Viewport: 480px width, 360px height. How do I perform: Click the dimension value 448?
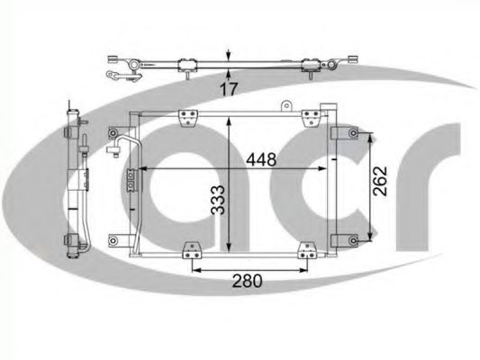pos(261,159)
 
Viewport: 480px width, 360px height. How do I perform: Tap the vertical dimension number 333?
pos(219,200)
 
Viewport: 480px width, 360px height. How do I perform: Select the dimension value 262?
pos(380,181)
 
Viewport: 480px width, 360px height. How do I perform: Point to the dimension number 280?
pos(247,281)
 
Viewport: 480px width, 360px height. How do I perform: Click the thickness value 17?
pos(229,89)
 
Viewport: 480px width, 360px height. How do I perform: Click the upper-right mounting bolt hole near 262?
pos(354,133)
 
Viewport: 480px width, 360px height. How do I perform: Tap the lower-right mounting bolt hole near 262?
pos(354,240)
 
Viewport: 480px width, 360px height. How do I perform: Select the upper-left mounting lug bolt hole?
pos(113,133)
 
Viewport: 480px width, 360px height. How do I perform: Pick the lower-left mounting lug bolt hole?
pos(113,240)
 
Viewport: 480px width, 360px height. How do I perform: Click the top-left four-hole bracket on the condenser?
pos(188,118)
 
